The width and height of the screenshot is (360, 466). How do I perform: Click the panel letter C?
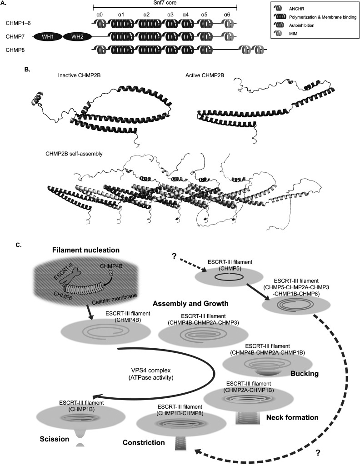click(x=18, y=245)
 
